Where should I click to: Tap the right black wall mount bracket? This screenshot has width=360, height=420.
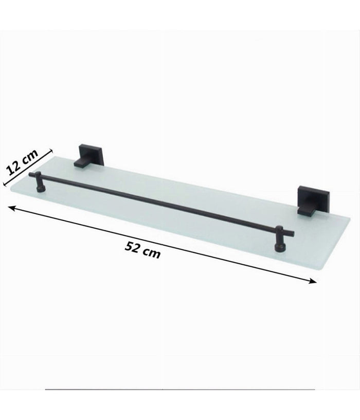[308, 199]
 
